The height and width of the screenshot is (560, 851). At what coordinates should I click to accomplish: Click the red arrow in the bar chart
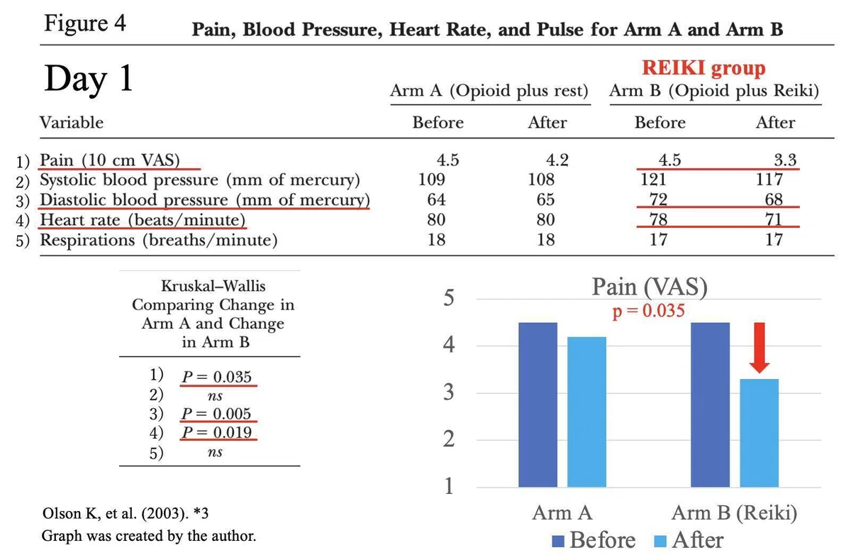(760, 348)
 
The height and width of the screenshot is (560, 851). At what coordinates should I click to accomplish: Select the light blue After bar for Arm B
(759, 433)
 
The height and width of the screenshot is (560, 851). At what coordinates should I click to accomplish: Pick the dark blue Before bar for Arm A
(538, 405)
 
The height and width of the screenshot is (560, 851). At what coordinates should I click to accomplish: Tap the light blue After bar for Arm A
(586, 412)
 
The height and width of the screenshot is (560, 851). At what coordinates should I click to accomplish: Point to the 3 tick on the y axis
(449, 392)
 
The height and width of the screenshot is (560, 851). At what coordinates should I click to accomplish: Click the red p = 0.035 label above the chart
(648, 311)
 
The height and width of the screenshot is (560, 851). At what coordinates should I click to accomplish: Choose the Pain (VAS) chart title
(650, 287)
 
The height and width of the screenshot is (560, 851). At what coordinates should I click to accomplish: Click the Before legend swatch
(557, 542)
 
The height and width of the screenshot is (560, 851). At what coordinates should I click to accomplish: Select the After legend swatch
(660, 542)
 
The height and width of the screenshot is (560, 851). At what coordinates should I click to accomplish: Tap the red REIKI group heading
(703, 69)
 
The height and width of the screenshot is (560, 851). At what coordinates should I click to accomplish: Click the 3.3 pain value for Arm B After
(785, 160)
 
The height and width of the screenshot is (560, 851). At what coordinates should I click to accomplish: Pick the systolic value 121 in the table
(653, 179)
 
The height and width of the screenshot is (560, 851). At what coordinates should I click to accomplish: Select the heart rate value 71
(774, 219)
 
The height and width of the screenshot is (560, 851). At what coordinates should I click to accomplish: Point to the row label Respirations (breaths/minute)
(159, 241)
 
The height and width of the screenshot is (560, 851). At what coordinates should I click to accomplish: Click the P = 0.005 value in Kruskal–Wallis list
(216, 414)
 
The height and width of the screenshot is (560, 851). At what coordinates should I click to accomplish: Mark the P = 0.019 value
(216, 432)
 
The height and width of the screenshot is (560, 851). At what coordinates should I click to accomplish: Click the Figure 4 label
(84, 23)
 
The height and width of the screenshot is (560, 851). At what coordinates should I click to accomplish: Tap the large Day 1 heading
(89, 78)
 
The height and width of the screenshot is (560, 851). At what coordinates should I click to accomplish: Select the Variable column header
(72, 122)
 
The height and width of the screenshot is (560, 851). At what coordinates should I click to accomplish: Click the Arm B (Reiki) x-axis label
(734, 513)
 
